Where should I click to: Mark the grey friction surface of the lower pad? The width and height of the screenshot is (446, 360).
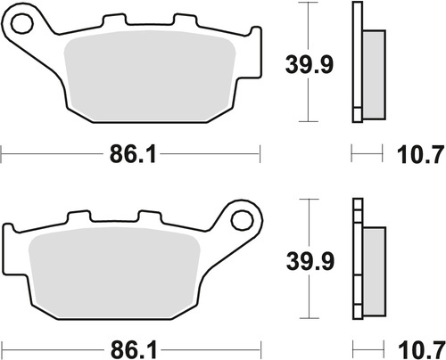(x=116, y=272)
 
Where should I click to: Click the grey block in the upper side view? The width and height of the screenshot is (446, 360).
(x=376, y=71)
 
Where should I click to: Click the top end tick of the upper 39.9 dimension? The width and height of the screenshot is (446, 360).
(x=308, y=4)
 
